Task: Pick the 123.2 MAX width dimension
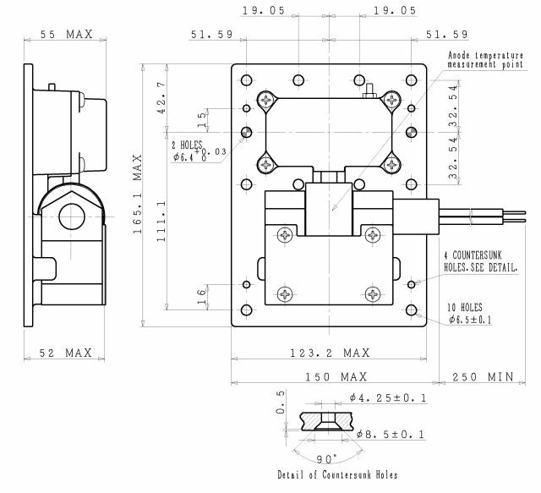(329, 352)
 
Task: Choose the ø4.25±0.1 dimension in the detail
(385, 397)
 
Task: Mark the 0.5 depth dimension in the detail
(280, 405)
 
